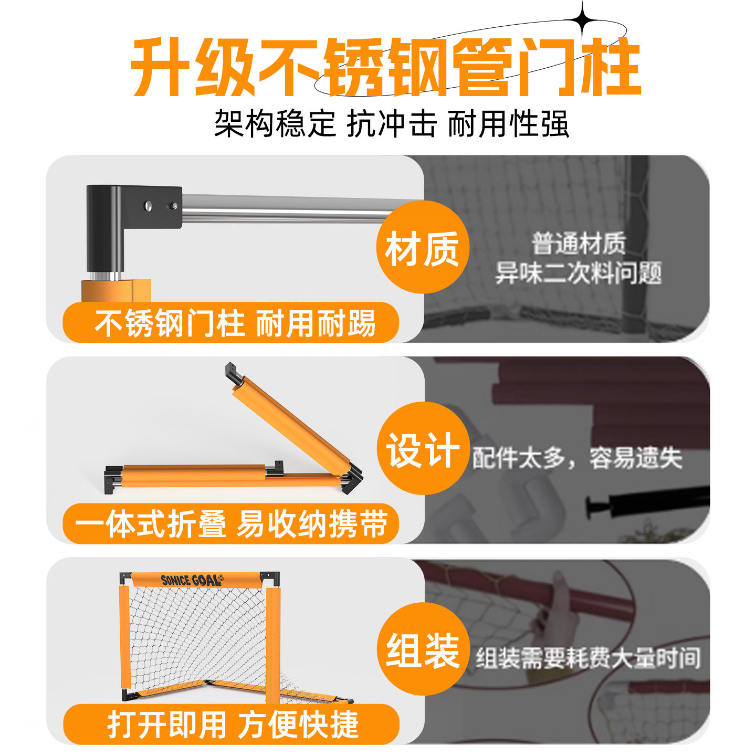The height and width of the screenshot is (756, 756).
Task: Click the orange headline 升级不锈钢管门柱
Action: [386, 67]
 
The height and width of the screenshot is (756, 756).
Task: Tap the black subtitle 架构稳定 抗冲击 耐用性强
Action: [391, 123]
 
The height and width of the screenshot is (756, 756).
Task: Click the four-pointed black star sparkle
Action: [583, 17]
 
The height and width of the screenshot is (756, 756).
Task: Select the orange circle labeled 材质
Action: [423, 248]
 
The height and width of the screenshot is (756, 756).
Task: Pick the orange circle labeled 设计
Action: [423, 448]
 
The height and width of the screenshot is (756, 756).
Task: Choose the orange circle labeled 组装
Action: [423, 649]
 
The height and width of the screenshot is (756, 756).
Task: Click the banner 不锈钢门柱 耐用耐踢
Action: [230, 323]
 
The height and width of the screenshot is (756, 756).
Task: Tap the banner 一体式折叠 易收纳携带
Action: [230, 524]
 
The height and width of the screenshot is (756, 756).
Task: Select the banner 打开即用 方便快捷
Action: [231, 724]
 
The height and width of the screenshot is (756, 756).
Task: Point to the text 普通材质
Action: [579, 244]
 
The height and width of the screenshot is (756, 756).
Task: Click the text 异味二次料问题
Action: [578, 273]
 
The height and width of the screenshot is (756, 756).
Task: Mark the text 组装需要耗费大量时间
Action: [588, 658]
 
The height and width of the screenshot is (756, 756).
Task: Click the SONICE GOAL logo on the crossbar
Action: [192, 580]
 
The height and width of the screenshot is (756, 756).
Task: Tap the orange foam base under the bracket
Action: [115, 290]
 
